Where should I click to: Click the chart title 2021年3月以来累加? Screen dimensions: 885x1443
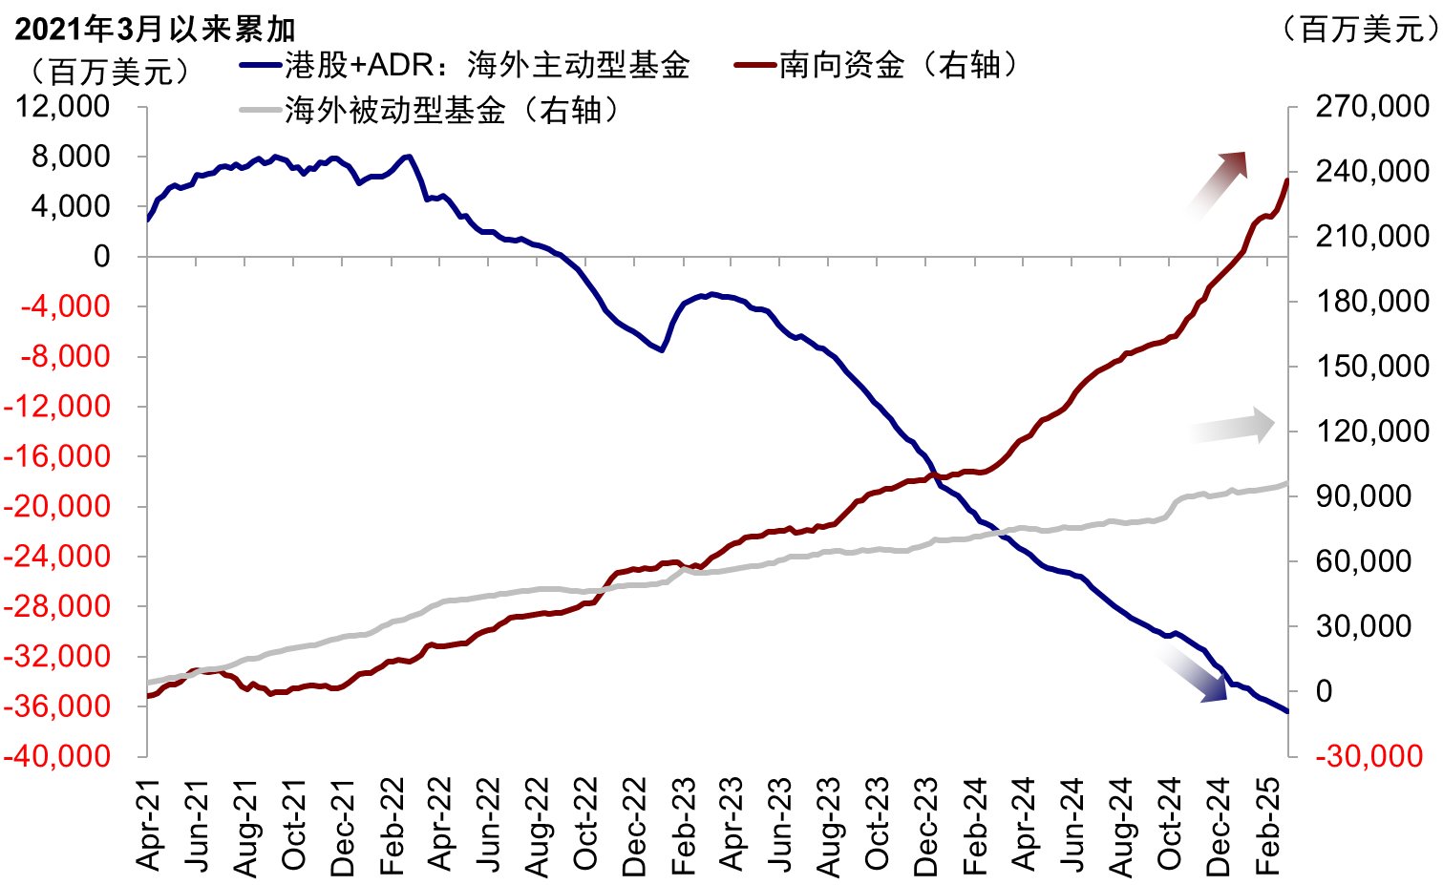[x=156, y=29]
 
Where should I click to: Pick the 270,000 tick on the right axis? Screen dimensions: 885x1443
[x=1371, y=106]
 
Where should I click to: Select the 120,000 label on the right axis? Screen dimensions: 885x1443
[x=1371, y=431]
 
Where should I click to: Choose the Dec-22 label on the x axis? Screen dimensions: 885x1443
[x=634, y=825]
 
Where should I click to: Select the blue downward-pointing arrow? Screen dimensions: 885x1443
[x=1197, y=674]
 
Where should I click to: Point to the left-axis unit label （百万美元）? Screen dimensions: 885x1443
[x=110, y=71]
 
